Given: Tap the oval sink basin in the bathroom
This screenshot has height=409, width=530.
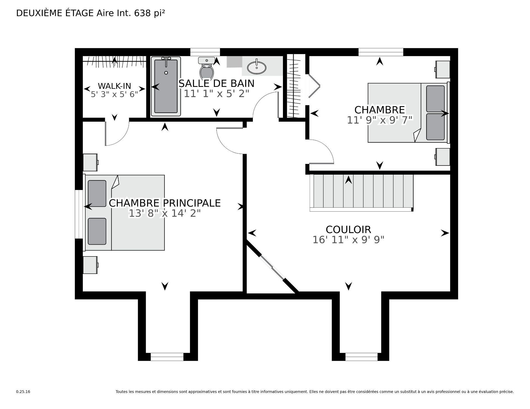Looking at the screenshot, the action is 257,67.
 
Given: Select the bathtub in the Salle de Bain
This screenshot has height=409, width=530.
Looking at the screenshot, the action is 166,86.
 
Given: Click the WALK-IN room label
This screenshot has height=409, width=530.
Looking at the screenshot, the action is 114,86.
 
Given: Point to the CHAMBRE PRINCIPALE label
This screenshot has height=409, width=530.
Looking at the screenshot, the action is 165,203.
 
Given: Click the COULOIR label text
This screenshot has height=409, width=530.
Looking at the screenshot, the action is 348,229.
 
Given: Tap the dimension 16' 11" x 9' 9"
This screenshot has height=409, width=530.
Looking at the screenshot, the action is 348,240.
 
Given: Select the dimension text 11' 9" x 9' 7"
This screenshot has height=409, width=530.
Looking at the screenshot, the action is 380,120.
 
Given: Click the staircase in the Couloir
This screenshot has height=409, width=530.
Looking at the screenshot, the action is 362,193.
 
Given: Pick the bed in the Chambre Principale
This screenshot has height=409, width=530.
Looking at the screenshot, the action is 125,213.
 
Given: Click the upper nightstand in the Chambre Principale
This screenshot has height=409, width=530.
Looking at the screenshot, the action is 91,162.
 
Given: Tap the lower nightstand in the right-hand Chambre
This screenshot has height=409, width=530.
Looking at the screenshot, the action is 442,157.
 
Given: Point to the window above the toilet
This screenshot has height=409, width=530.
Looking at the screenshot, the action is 205,52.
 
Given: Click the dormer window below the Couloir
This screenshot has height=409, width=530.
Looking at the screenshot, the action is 361,357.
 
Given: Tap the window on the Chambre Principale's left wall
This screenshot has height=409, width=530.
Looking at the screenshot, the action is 79,214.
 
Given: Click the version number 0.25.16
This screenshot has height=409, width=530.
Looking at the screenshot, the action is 23,392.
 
